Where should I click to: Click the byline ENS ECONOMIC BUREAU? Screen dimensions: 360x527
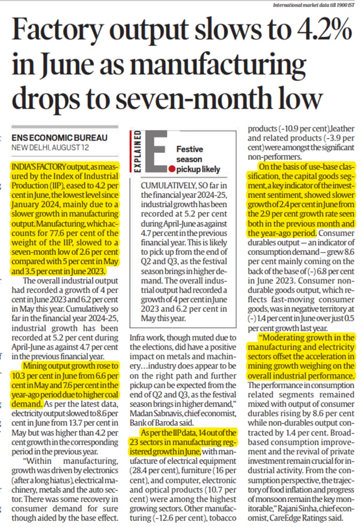[59, 138]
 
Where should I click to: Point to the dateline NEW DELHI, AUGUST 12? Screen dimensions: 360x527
[50, 148]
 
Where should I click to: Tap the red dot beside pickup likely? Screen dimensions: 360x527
[172, 169]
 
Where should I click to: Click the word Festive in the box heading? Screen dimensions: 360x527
[190, 149]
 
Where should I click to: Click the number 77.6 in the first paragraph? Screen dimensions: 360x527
[58, 233]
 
